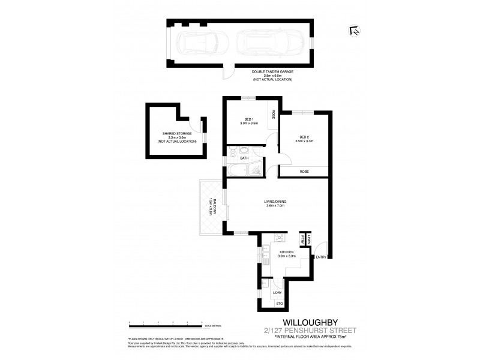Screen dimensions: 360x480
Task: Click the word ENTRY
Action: [x=321, y=257]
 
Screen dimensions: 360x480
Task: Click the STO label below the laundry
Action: [x=279, y=305]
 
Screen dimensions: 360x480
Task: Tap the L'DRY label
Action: [x=277, y=292]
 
